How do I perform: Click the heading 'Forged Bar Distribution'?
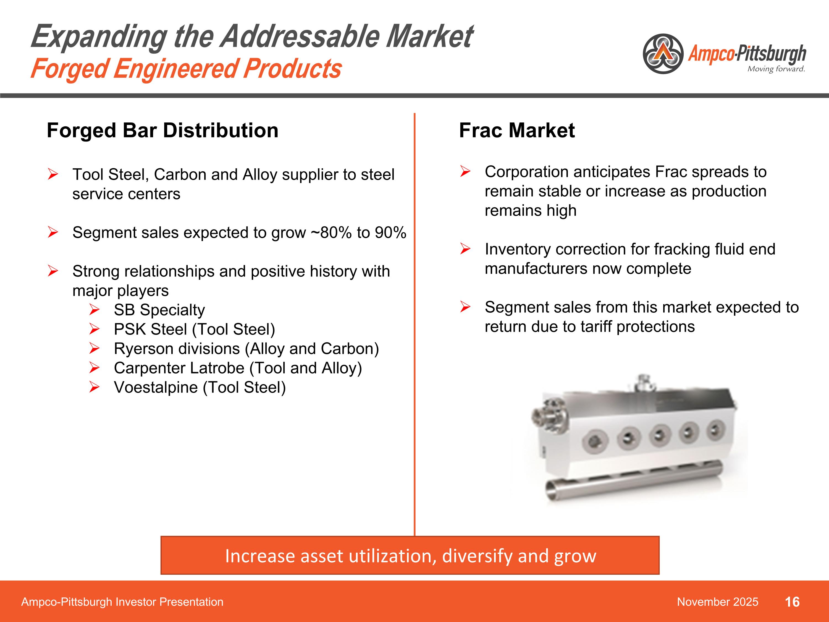162,130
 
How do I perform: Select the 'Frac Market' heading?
517,130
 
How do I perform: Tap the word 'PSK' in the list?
131,329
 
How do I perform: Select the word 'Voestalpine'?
156,388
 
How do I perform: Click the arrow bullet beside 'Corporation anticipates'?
465,172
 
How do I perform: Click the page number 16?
792,602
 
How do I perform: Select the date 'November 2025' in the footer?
717,602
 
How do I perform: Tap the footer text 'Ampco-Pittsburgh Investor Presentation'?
122,602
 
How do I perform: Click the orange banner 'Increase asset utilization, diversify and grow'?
410,556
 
